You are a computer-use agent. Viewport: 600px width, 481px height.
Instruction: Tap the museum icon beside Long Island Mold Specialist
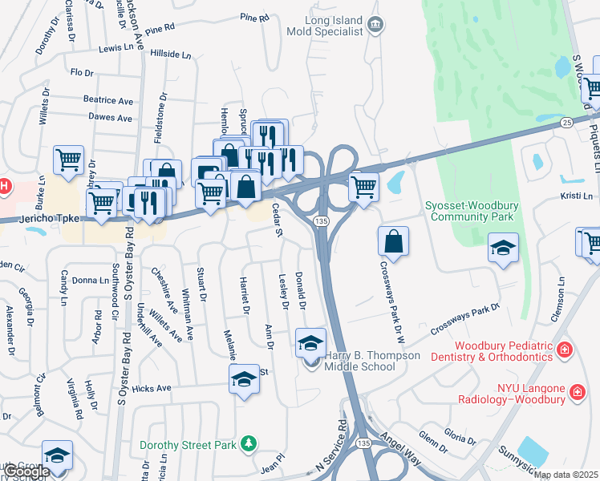[x=375, y=26]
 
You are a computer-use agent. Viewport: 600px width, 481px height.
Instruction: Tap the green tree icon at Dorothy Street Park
[x=249, y=443]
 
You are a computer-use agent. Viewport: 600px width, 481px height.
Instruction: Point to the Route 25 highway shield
[x=566, y=122]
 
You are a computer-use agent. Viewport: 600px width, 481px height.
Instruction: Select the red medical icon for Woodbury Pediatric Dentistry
[x=565, y=350]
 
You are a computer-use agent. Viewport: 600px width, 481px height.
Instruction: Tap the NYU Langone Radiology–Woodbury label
[x=512, y=392]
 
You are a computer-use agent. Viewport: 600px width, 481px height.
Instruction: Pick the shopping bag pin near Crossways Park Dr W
[x=393, y=240]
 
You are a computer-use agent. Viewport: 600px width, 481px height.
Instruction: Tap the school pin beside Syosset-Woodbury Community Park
[x=503, y=248]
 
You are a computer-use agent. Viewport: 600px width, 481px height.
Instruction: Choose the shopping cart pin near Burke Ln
[x=68, y=159]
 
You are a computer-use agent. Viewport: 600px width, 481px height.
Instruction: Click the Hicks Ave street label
[x=152, y=388]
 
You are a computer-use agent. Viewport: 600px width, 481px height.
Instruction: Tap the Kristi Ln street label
[x=577, y=196]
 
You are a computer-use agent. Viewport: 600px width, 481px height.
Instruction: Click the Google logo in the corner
[x=26, y=472]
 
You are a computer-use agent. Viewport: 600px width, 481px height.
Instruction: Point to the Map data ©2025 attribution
[x=565, y=475]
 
